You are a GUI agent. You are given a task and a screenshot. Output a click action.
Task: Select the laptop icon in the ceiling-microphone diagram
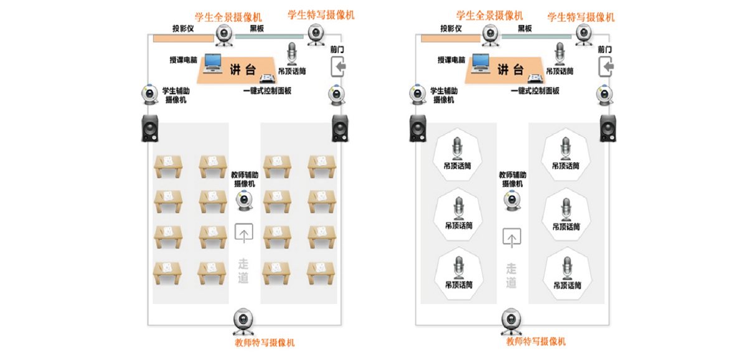click(x=481, y=62)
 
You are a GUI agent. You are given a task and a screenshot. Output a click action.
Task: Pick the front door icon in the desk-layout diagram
click(x=337, y=66)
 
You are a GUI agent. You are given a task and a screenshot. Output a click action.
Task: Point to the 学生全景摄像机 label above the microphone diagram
click(x=489, y=15)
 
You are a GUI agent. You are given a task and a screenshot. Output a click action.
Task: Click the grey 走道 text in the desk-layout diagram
click(x=243, y=270)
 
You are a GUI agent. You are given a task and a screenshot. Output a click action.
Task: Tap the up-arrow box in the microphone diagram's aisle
click(x=512, y=237)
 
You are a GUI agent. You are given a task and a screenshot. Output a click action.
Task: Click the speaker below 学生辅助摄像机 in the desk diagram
click(x=150, y=128)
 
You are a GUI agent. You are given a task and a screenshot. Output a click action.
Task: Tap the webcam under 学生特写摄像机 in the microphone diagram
click(x=585, y=35)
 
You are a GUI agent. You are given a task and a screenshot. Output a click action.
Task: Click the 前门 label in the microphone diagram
click(x=604, y=49)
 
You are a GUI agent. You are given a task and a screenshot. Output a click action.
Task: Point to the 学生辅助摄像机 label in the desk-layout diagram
click(x=176, y=95)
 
